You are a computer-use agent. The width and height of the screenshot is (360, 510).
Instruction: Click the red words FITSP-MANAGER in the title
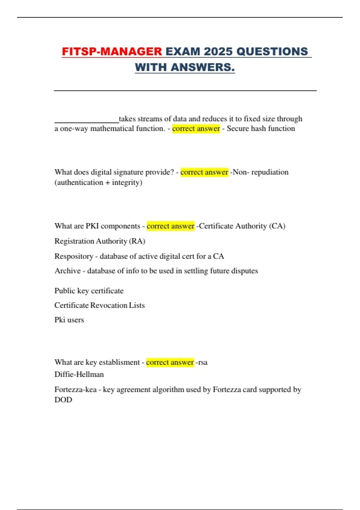[112, 51]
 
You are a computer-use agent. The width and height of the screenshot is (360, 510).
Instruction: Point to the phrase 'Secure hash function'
[261, 128]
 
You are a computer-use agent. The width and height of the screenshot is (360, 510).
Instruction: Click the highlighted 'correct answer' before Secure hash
[196, 128]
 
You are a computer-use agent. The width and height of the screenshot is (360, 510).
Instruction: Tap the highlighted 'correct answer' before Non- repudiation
[204, 172]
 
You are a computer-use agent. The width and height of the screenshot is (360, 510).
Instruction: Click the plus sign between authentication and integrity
[107, 182]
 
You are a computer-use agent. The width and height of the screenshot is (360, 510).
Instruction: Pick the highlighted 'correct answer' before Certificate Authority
[170, 226]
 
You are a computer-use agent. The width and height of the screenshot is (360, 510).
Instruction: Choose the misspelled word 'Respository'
[74, 256]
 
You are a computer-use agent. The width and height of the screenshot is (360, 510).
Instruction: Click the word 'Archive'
[67, 271]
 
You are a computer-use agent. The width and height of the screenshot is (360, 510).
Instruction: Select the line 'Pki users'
[69, 320]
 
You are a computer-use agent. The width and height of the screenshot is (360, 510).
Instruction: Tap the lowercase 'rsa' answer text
[203, 362]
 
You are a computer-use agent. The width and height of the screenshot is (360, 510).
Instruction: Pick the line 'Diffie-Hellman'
[79, 374]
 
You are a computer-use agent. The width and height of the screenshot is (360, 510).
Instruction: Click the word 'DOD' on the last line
[63, 400]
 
